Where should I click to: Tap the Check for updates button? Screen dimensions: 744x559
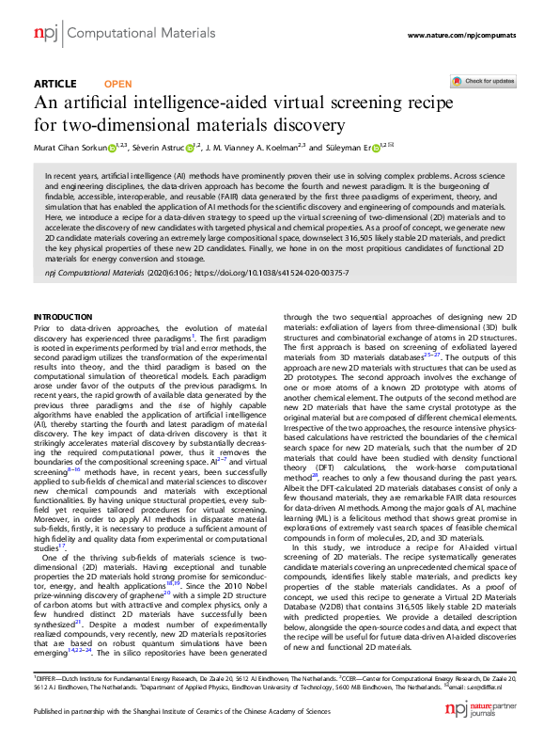488,82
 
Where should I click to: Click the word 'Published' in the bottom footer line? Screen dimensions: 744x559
50,712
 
